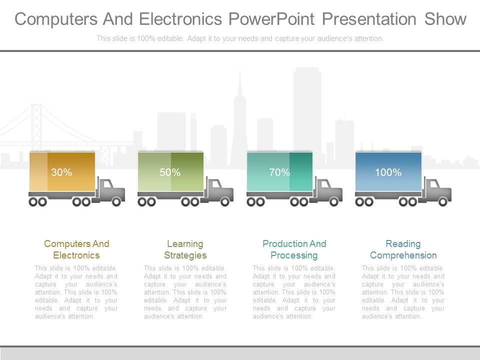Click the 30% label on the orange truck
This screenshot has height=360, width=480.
[61, 172]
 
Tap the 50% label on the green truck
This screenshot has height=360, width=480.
[170, 172]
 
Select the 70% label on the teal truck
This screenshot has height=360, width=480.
[279, 172]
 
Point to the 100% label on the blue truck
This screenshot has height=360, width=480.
[388, 172]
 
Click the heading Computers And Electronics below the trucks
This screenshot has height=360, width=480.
[76, 249]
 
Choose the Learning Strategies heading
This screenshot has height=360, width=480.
[185, 249]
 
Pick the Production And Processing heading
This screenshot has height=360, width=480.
[294, 249]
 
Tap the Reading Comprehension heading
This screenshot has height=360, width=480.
[403, 249]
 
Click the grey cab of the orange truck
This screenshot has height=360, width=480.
[110, 189]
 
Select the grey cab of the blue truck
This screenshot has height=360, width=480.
[437, 189]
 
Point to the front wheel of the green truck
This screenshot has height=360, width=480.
[225, 202]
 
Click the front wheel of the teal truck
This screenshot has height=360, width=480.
[334, 202]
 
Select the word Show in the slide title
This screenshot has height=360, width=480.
[445, 19]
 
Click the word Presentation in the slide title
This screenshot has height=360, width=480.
[369, 19]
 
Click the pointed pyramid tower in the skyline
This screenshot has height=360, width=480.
[239, 115]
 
